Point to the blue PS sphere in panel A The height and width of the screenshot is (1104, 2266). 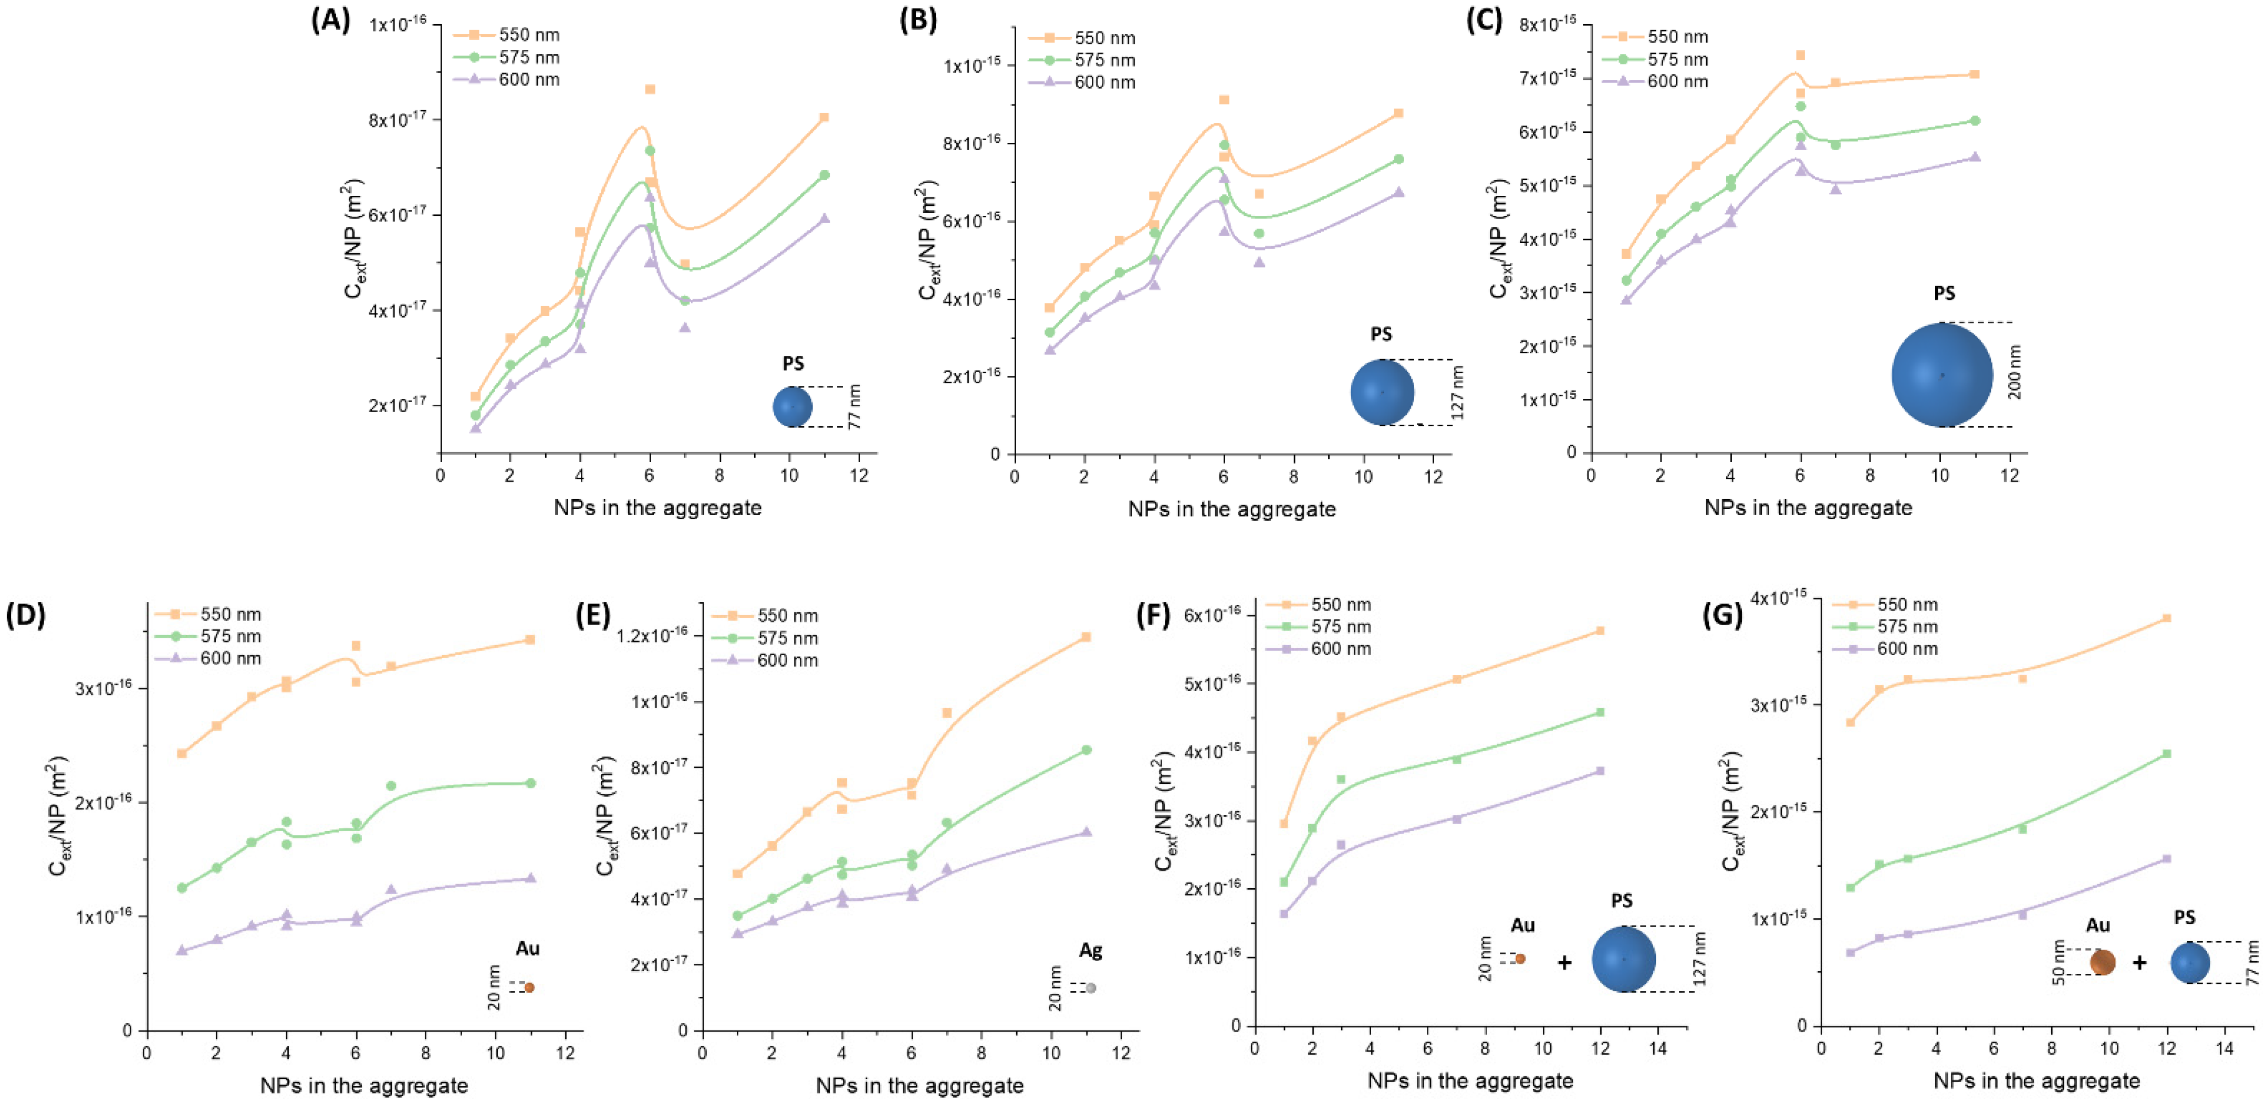(792, 406)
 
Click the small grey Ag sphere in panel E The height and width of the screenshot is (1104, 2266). (1091, 988)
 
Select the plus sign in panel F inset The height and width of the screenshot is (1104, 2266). (1564, 962)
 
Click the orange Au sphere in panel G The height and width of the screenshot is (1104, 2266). (2102, 962)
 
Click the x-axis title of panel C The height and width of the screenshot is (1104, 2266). (1808, 508)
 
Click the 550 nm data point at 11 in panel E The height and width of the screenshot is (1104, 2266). (1087, 637)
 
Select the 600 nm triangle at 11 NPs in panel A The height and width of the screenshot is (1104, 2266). (824, 218)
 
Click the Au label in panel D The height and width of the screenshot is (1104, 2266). (528, 948)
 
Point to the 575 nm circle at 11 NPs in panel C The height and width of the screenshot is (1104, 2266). (1975, 121)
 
